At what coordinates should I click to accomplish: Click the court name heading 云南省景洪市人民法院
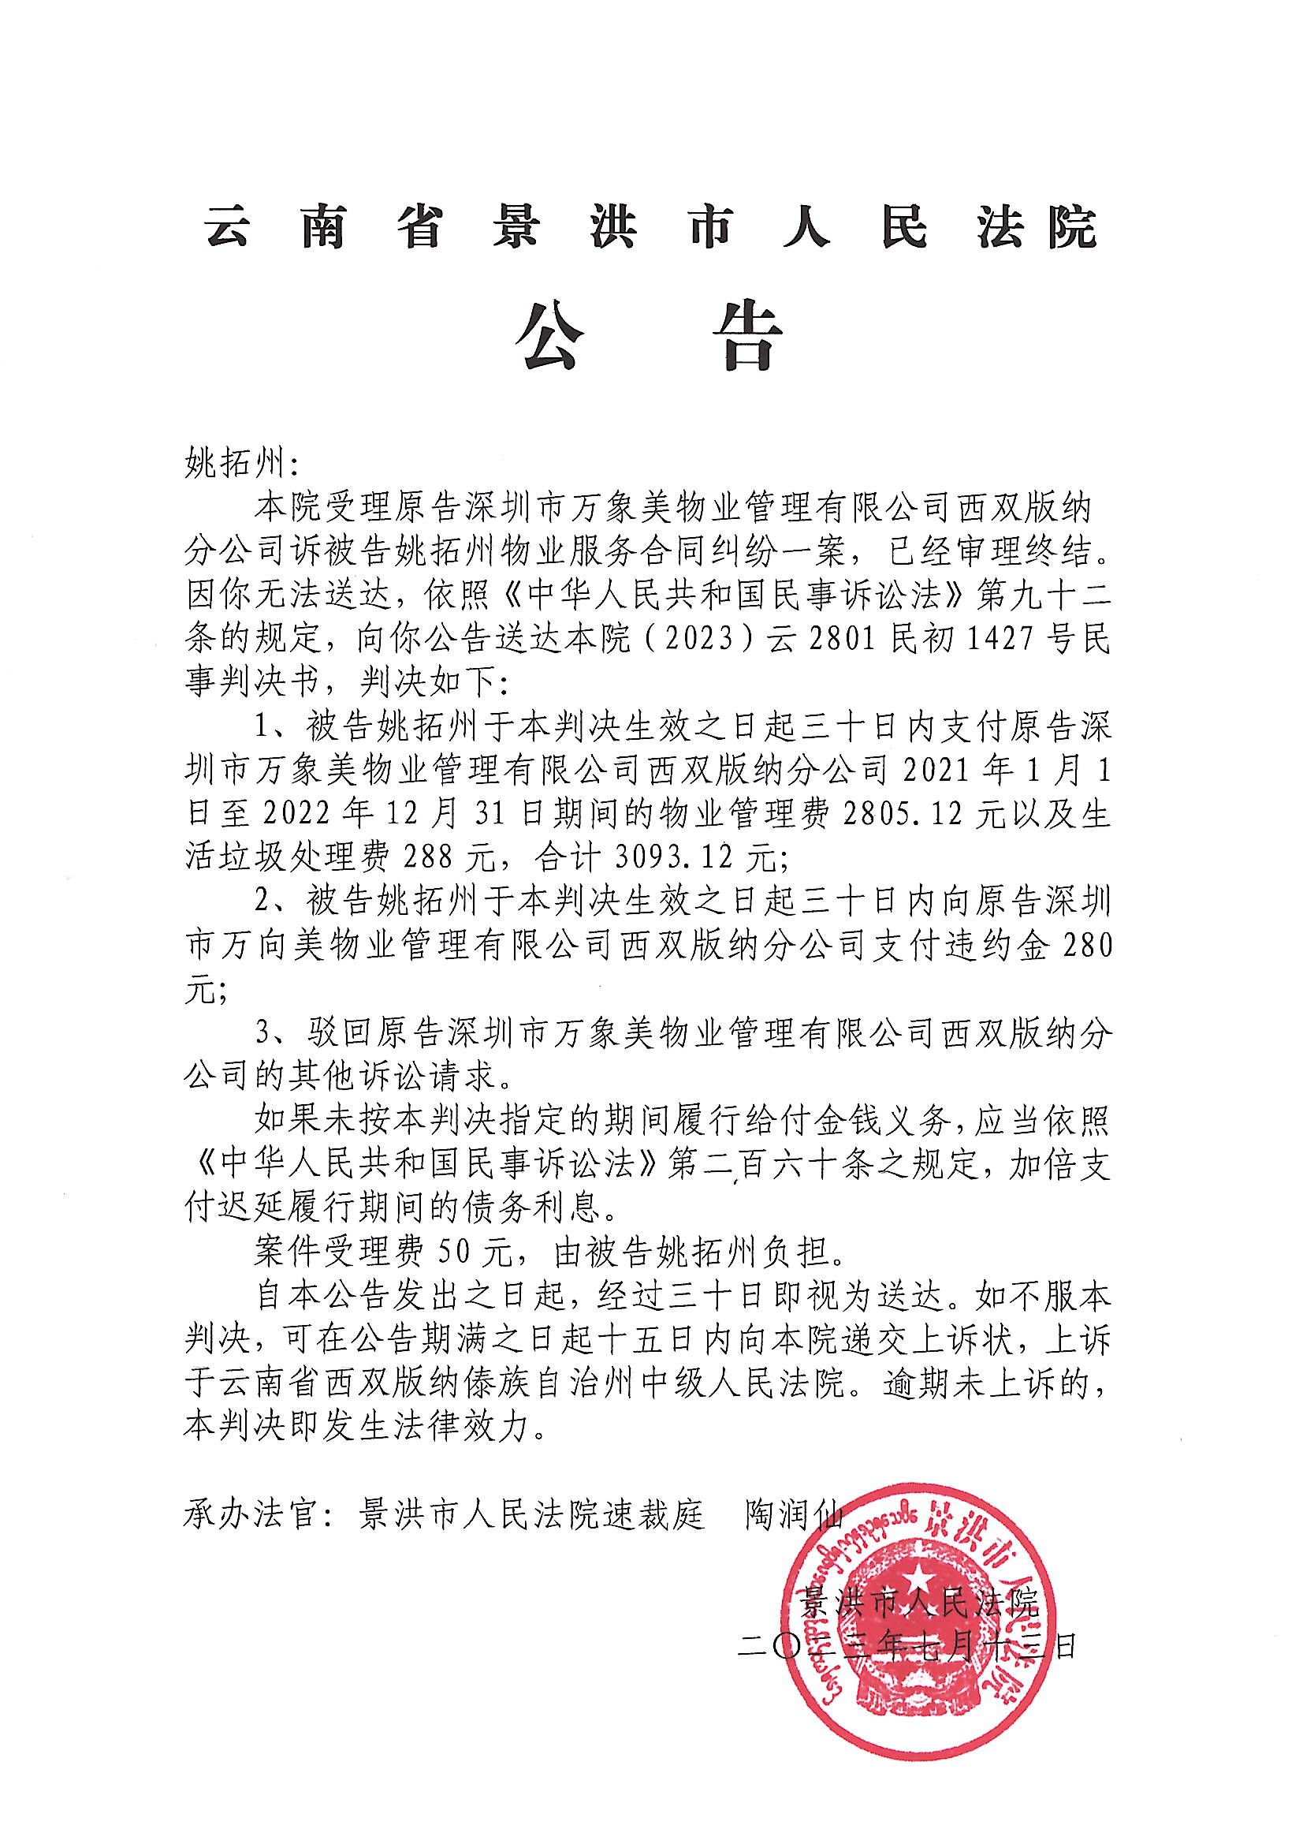click(650, 227)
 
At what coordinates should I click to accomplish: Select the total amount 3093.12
click(674, 859)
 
